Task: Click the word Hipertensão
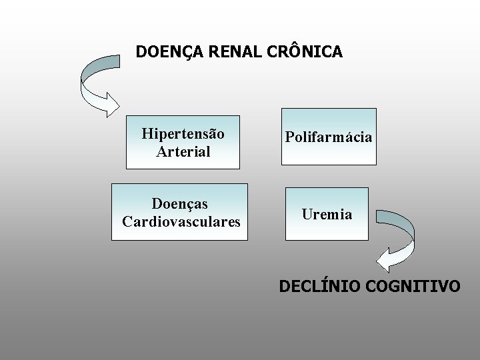183,133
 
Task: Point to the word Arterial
183,151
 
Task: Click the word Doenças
179,203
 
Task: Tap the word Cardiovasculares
181,221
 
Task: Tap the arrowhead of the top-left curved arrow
110,105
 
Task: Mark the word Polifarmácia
329,137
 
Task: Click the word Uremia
327,215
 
